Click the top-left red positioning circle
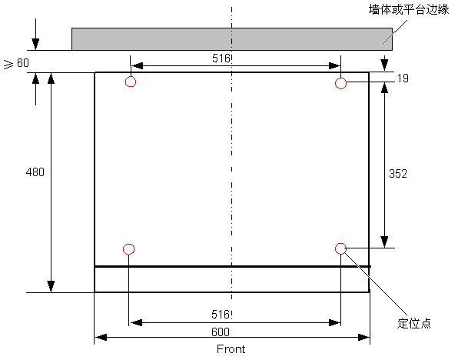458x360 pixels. point(131,76)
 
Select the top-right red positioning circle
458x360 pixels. point(340,78)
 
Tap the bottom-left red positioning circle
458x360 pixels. point(128,244)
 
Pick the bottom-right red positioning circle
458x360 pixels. point(340,243)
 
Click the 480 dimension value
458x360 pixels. point(35,172)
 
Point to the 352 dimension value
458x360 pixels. point(398,174)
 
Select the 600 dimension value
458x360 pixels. point(221,332)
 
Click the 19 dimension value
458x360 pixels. point(403,78)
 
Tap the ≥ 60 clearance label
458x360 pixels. point(16,63)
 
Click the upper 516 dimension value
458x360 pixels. point(221,58)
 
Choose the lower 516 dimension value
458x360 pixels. point(221,315)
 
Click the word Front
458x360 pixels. point(231,349)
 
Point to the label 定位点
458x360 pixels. point(414,323)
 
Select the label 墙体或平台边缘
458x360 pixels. point(409,10)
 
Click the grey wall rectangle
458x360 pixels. point(232,39)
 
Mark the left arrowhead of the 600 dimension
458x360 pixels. point(101,338)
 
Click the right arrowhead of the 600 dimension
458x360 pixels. point(363,338)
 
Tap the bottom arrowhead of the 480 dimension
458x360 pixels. point(51,286)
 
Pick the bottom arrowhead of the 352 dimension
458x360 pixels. point(384,242)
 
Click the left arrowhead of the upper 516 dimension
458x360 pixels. point(137,66)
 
